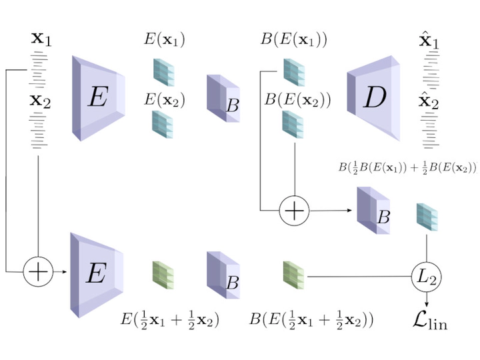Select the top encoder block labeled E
(x=99, y=99)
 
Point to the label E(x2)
(x=165, y=99)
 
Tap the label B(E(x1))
(x=294, y=39)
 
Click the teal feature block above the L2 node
(x=427, y=217)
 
